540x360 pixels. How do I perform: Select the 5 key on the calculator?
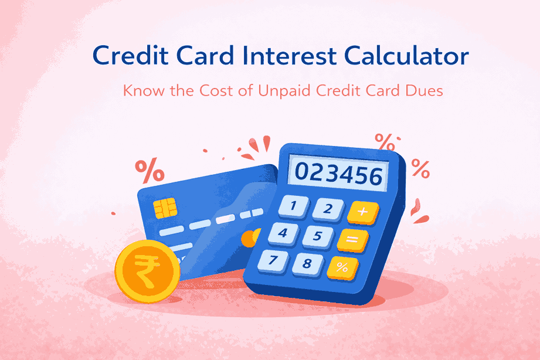pyautogui.click(x=317, y=236)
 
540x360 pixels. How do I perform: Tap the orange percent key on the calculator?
pyautogui.click(x=343, y=267)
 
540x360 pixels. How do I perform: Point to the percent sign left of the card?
pyautogui.click(x=150, y=170)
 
